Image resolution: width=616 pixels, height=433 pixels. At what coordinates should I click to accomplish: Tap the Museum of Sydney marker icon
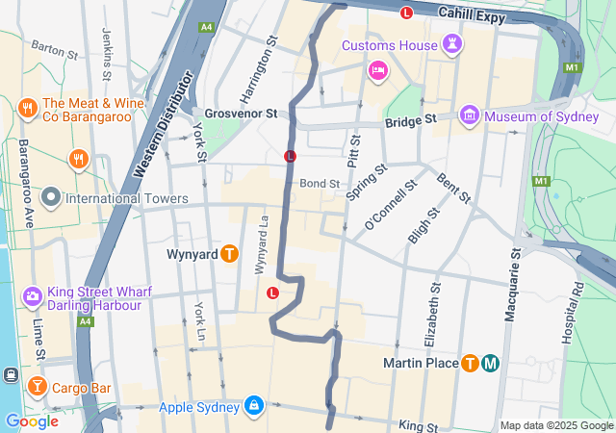click(470, 116)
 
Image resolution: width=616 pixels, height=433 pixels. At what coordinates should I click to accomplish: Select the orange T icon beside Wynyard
click(229, 254)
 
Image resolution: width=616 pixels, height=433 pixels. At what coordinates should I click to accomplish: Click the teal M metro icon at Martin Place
click(491, 363)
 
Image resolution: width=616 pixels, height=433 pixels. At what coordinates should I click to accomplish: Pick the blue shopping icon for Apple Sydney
click(253, 406)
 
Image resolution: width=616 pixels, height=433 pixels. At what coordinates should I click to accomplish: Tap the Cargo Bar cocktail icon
click(37, 387)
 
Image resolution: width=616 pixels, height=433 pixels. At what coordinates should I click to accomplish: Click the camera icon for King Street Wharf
click(32, 295)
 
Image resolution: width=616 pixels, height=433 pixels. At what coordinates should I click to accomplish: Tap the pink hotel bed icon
click(378, 70)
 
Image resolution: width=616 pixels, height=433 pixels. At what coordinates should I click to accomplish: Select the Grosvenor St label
click(241, 113)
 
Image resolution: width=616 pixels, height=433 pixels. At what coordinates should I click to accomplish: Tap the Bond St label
click(320, 183)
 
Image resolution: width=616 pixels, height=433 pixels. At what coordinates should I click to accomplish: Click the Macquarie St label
click(515, 286)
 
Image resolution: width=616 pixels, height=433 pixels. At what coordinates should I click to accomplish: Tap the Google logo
click(32, 420)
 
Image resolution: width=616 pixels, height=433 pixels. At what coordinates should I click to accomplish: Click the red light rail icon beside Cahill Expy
click(406, 13)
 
